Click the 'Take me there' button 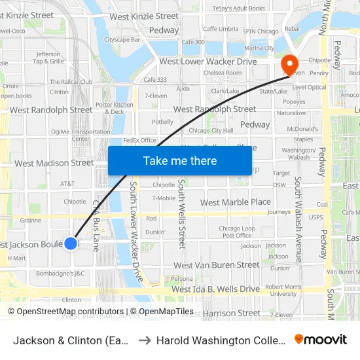pos(180,160)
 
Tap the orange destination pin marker pos(289,64)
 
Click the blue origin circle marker pos(71,243)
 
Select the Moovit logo pos(321,340)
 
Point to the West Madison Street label pos(54,163)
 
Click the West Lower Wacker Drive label pos(208,62)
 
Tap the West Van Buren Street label pos(217,265)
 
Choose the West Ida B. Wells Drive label pos(216,289)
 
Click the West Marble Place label pos(235,202)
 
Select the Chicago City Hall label pos(211,130)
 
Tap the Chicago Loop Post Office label pos(236,232)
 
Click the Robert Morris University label pos(283,290)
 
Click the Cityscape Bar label pos(122,39)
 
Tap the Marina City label pos(259,48)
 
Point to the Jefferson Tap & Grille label pos(48,58)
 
